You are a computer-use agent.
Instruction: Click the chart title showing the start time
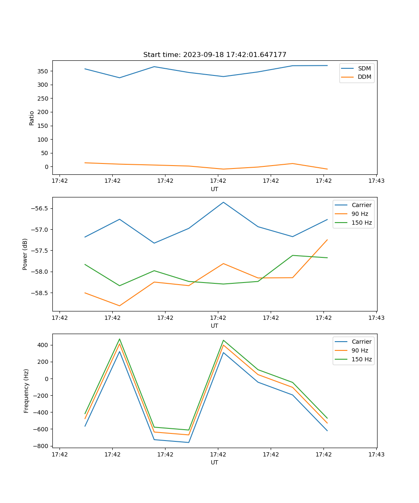[x=215, y=55]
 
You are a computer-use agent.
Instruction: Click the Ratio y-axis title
[x=32, y=118]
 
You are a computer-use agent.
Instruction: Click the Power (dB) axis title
[x=25, y=254]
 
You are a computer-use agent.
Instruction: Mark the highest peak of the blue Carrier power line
[x=223, y=202]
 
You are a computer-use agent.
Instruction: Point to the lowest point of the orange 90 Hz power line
[x=119, y=306]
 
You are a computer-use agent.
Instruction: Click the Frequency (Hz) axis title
[x=26, y=391]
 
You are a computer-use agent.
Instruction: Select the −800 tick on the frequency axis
[x=42, y=446]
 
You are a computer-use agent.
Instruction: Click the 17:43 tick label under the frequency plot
[x=376, y=454]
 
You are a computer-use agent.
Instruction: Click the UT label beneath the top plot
[x=215, y=189]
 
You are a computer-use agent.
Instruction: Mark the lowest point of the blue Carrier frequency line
[x=189, y=442]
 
